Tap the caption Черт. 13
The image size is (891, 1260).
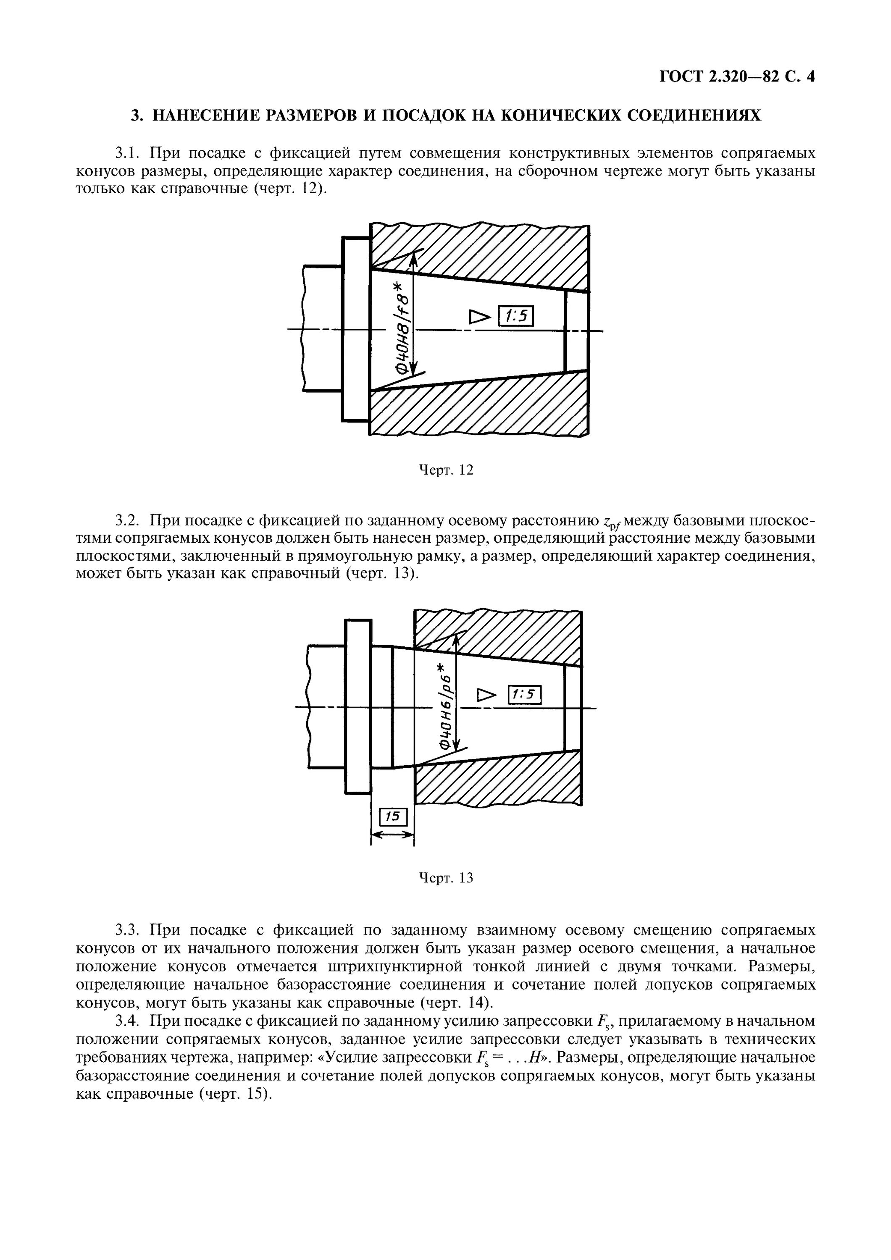pos(446,878)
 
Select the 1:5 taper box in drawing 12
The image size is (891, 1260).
pos(515,316)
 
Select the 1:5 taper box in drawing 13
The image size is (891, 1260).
pos(524,695)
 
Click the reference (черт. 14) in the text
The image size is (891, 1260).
pos(456,1003)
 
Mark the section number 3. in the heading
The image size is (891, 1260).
pos(137,116)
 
